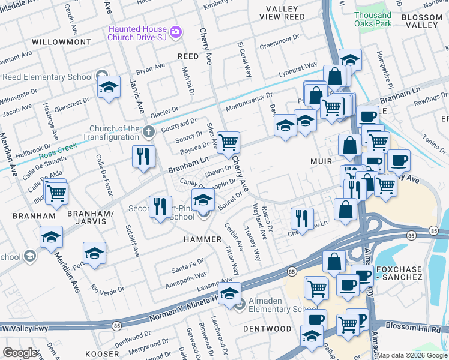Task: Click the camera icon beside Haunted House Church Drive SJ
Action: coord(176,31)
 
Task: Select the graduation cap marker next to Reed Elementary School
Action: coord(109,88)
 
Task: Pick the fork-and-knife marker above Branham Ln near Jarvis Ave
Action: coord(143,157)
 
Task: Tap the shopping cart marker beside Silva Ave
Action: coord(228,143)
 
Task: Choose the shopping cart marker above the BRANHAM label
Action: coord(56,193)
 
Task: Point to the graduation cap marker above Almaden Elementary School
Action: coord(229,294)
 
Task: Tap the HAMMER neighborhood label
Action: coord(203,239)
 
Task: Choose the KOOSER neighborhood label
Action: coord(102,354)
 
